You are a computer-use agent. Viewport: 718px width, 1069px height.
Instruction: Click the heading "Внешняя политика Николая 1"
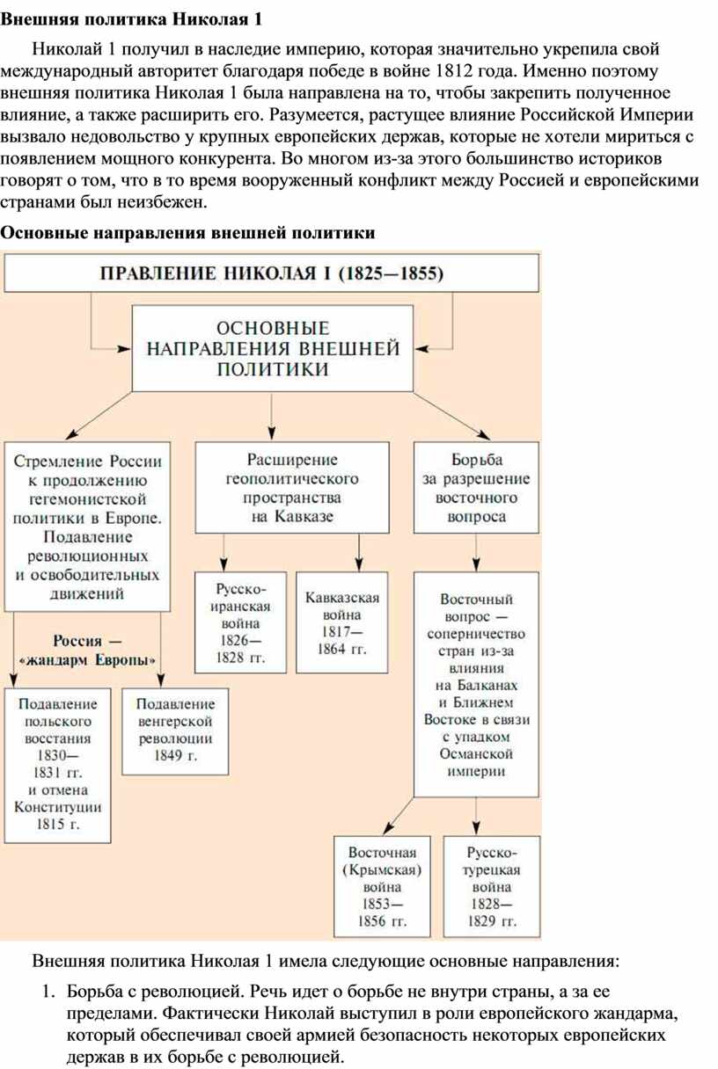point(131,19)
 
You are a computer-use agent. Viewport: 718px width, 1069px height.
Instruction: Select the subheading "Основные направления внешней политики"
point(187,233)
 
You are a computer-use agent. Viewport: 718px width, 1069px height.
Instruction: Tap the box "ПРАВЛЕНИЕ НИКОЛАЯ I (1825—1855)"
point(271,273)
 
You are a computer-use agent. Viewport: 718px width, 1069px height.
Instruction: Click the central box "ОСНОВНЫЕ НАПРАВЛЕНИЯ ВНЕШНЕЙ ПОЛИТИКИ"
point(272,348)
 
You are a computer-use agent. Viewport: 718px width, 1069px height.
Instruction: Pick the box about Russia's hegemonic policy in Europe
point(87,527)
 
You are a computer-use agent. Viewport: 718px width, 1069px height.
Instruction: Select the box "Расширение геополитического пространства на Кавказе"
point(292,487)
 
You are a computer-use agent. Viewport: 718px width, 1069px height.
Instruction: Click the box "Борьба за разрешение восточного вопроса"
point(476,487)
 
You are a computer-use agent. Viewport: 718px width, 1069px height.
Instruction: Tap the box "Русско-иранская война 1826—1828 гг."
point(240,622)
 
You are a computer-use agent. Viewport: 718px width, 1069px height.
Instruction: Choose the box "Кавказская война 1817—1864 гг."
point(342,622)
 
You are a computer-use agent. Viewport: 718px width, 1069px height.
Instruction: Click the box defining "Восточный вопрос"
point(476,684)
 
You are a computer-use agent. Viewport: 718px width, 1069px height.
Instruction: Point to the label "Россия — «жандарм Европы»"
point(87,650)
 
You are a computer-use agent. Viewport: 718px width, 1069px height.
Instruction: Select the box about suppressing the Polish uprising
point(57,766)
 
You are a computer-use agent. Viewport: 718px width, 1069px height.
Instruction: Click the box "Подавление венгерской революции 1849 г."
point(175,731)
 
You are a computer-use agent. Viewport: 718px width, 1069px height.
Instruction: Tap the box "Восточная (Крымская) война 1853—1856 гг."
point(382,886)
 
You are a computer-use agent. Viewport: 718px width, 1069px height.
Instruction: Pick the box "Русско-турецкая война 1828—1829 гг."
point(492,886)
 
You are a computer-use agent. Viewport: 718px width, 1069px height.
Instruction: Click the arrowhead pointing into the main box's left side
point(124,349)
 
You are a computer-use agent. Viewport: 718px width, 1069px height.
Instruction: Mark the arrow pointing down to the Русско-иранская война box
point(223,552)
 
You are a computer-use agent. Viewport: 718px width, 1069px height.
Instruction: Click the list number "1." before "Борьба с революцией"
point(49,992)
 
